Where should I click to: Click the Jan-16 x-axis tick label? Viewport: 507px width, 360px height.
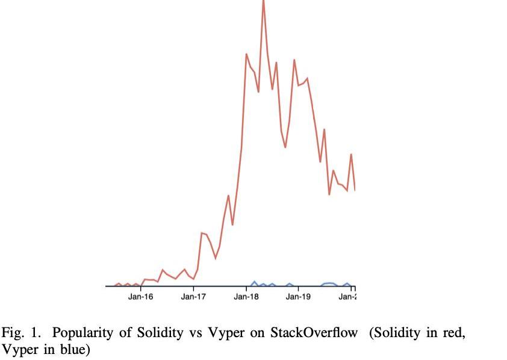coord(140,296)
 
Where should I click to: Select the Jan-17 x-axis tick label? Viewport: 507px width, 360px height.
coord(193,296)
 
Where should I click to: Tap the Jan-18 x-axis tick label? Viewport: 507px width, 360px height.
coord(246,296)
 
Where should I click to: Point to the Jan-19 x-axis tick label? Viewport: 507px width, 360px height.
coord(298,296)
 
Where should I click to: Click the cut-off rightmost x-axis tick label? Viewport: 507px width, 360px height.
coord(347,296)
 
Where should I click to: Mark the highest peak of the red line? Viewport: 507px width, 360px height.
coord(263,2)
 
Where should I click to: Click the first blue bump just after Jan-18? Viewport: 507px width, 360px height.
coord(254,282)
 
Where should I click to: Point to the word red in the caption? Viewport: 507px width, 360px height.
coord(452,332)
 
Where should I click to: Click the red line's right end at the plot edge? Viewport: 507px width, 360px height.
coord(355,190)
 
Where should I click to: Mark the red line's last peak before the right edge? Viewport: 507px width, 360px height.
coord(351,155)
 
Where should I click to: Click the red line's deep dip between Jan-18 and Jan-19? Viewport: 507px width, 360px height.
coord(285,147)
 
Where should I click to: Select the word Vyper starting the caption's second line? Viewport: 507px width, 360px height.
coord(17,349)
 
